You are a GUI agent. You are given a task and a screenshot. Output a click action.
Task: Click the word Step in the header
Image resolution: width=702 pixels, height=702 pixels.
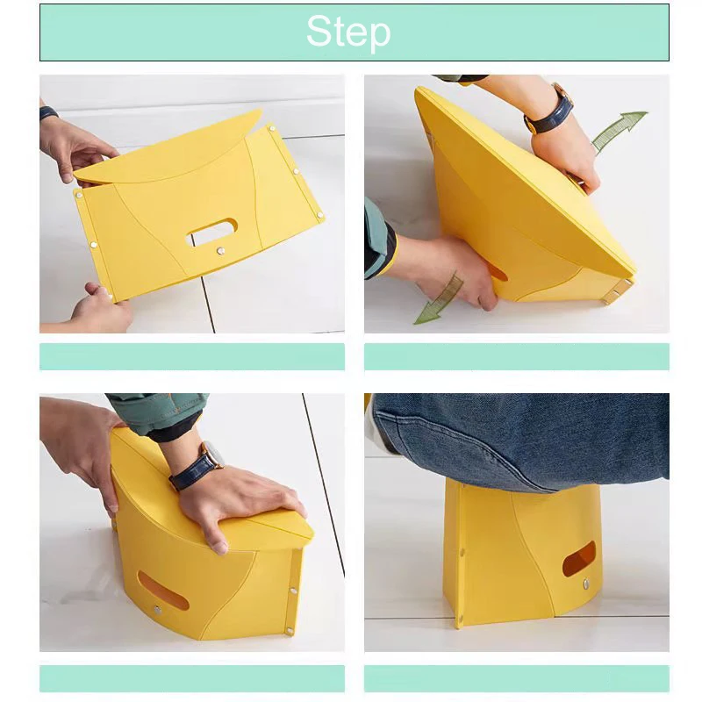click(348, 32)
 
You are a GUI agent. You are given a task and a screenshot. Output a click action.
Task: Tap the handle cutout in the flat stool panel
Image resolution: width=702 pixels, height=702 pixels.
click(211, 232)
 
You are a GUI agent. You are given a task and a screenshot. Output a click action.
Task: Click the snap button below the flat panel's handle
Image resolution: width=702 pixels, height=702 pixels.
click(220, 251)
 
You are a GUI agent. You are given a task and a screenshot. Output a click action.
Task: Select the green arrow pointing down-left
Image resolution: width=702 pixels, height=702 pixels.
click(440, 298)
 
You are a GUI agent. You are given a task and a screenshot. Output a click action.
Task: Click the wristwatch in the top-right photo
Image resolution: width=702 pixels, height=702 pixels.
click(550, 111)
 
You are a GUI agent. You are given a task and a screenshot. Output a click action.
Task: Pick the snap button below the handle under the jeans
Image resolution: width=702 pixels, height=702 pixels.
click(586, 584)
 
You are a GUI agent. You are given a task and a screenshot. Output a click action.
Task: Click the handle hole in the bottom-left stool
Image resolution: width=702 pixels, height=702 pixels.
click(162, 591)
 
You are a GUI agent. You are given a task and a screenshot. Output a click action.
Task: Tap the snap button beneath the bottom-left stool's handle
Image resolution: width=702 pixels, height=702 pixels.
click(157, 610)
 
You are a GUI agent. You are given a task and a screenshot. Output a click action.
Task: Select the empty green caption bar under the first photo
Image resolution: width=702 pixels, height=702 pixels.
click(192, 356)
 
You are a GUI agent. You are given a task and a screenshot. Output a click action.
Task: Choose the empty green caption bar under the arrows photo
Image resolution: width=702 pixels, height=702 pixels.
click(517, 356)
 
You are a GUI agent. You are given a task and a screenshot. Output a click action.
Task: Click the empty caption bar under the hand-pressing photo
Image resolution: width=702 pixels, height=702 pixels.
click(192, 678)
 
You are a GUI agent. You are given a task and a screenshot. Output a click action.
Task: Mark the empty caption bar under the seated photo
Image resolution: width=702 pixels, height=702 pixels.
click(517, 678)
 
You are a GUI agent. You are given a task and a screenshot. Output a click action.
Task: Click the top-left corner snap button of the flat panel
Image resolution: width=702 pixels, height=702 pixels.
click(79, 195)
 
